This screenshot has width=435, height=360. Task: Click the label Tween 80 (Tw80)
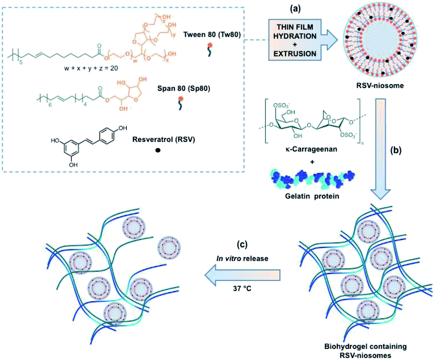(212, 35)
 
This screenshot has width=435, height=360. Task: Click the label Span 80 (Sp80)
(184, 89)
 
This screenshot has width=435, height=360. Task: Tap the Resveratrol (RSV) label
(163, 139)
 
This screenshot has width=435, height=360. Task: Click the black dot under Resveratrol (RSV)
(158, 150)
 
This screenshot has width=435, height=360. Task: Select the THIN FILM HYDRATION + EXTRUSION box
(295, 40)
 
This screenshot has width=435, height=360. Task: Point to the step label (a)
(295, 9)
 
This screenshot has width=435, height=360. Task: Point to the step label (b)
(396, 150)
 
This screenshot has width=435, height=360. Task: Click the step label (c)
(242, 244)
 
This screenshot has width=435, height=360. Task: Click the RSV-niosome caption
(380, 86)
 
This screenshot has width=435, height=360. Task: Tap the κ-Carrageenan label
(311, 149)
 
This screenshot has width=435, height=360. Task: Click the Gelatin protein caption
(312, 196)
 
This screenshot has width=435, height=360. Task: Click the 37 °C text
(242, 288)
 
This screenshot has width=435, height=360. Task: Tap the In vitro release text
(242, 258)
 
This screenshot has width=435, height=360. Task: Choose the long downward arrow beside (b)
(381, 148)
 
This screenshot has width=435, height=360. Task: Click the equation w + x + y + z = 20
(91, 68)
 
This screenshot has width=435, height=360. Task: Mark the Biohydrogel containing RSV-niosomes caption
(365, 351)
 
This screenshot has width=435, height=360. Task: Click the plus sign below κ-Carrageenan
(312, 162)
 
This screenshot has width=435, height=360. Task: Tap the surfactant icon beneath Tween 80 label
(210, 49)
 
